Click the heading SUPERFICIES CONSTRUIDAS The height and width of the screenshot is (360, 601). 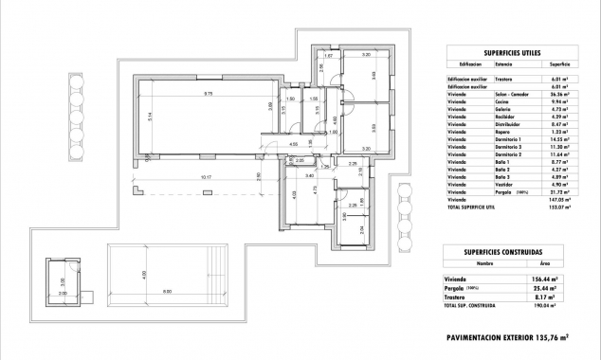pyautogui.click(x=502, y=251)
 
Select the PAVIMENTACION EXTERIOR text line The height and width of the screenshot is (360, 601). pyautogui.click(x=506, y=336)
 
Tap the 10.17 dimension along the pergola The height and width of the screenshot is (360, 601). pyautogui.click(x=206, y=177)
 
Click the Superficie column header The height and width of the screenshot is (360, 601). pyautogui.click(x=553, y=64)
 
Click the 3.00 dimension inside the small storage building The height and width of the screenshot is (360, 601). pyautogui.click(x=64, y=281)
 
